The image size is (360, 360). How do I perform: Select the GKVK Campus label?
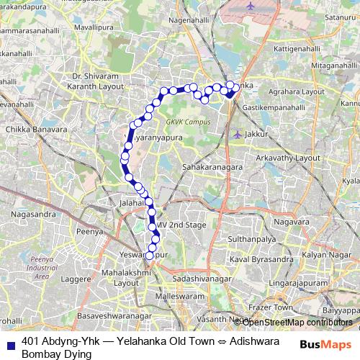pos(189,122)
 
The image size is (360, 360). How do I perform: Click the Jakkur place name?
pos(256,134)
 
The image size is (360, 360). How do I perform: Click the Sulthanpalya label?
pos(253,236)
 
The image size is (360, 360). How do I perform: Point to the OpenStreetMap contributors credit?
pos(297,322)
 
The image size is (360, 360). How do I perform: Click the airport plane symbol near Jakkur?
pos(238,133)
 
